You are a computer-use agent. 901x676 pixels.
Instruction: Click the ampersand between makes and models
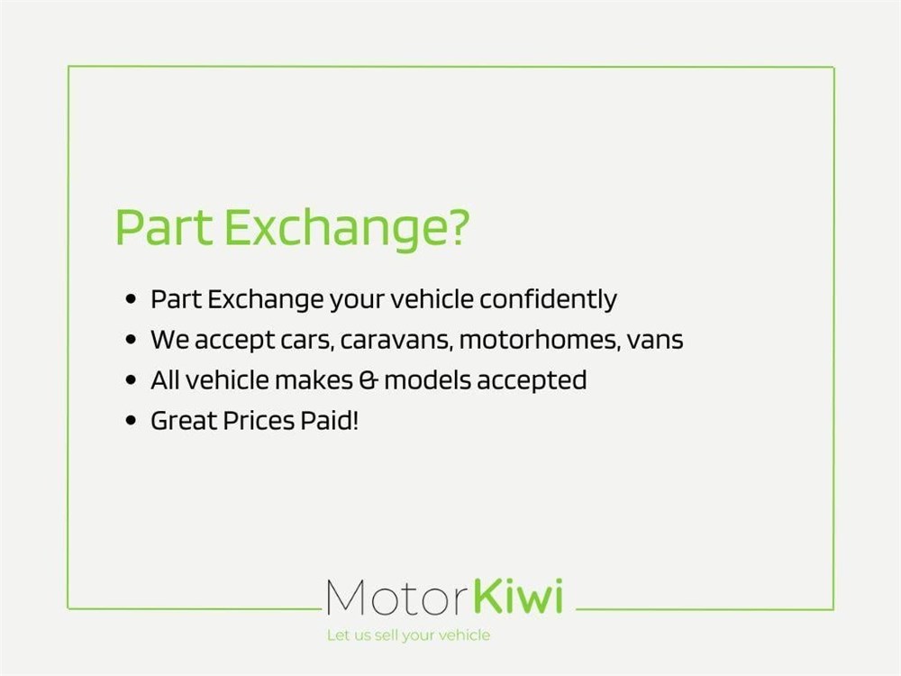[369, 380]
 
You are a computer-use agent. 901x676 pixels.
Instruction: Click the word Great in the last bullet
[184, 421]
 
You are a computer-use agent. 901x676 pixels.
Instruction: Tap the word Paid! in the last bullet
[329, 420]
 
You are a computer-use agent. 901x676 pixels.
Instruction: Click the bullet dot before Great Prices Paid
[131, 421]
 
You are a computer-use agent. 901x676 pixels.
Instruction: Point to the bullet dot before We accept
[131, 340]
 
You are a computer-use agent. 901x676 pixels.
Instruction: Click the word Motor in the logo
[396, 598]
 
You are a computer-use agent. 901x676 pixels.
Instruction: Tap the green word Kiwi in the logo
[518, 596]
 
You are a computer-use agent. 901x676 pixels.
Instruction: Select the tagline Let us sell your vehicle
[408, 635]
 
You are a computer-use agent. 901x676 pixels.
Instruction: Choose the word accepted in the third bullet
[532, 381]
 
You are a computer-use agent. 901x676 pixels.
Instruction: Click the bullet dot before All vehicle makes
[131, 380]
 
